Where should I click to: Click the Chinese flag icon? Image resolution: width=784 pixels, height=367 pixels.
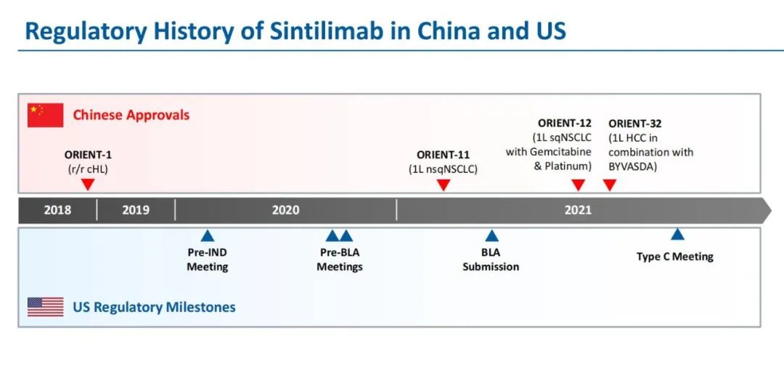click(46, 115)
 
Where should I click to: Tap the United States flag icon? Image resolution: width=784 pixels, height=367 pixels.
click(46, 307)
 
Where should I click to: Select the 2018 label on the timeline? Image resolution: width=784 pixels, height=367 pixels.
click(57, 210)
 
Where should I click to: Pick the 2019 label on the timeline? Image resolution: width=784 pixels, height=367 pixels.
click(136, 210)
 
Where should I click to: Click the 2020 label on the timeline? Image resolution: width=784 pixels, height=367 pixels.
click(285, 210)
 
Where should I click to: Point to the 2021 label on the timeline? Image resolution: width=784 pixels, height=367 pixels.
click(578, 210)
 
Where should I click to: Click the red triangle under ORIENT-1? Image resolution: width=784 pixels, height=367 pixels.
click(88, 185)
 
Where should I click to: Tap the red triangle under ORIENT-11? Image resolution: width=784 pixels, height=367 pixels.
click(444, 185)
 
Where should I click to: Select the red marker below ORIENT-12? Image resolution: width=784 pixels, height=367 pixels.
click(578, 185)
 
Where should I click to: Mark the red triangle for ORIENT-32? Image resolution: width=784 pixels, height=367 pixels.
click(609, 185)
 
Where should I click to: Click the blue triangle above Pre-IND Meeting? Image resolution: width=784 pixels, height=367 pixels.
click(207, 235)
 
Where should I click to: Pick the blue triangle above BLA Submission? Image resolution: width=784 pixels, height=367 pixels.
click(491, 235)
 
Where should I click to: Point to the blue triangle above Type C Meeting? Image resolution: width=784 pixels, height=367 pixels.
click(677, 234)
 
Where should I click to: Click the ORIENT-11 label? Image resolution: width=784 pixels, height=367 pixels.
click(443, 156)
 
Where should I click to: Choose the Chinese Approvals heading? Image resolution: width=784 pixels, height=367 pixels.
click(131, 115)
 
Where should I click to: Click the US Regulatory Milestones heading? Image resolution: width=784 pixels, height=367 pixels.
click(154, 307)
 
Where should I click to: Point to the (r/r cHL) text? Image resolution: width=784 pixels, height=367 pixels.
click(88, 169)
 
